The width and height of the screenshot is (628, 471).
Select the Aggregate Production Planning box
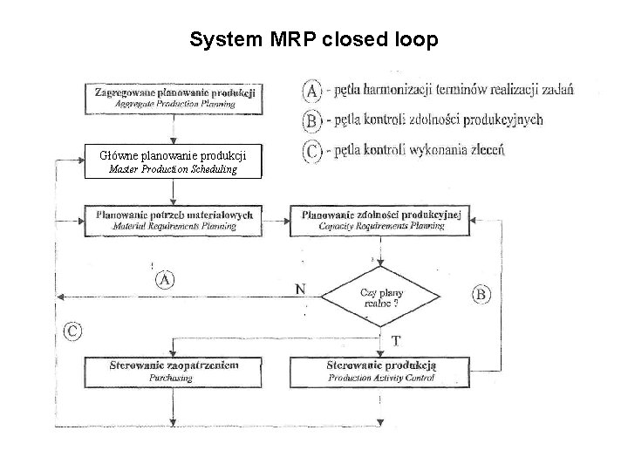pos(172,98)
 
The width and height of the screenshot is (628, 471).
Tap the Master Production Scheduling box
pos(172,163)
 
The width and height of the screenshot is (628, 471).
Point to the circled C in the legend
pos(312,150)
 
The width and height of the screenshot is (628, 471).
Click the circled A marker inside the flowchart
pos(165,280)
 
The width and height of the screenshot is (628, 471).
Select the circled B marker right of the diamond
pos(481,294)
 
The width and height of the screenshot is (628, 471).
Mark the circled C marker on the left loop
pos(74,331)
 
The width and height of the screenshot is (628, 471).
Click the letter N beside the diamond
pos(300,289)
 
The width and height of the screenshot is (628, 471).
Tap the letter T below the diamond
pos(396,339)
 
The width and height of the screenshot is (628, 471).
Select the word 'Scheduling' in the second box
pos(209,169)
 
